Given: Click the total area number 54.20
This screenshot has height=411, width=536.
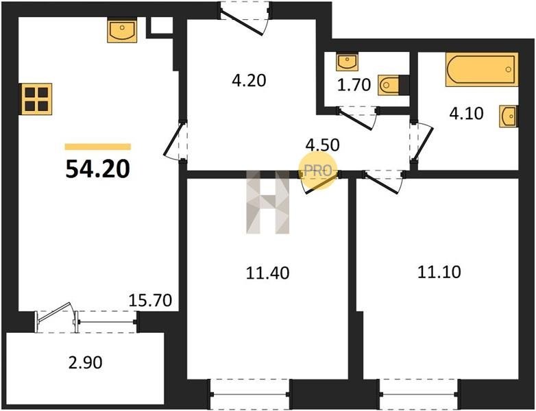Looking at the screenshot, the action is pyautogui.click(x=98, y=169).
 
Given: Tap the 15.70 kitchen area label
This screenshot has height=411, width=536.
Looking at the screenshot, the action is pyautogui.click(x=150, y=300).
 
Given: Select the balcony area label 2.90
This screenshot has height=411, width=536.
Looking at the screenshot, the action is pyautogui.click(x=85, y=362).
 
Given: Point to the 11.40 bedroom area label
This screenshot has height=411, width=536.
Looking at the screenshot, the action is pyautogui.click(x=268, y=273).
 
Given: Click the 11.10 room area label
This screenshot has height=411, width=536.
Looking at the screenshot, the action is pyautogui.click(x=439, y=272).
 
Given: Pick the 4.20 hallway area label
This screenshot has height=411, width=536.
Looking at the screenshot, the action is pyautogui.click(x=249, y=81).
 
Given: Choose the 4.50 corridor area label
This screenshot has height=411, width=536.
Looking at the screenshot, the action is pyautogui.click(x=323, y=145).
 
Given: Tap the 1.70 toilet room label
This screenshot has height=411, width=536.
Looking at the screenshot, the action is pyautogui.click(x=354, y=85).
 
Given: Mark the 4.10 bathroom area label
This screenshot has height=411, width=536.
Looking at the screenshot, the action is pyautogui.click(x=466, y=114).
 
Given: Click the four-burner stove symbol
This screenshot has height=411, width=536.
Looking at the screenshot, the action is pyautogui.click(x=36, y=99).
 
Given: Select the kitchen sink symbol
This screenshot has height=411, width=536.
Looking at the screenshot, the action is pyautogui.click(x=122, y=31).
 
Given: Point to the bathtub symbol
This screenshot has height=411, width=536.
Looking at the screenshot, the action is pyautogui.click(x=482, y=69).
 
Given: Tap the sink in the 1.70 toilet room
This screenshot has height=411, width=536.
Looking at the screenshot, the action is pyautogui.click(x=347, y=62).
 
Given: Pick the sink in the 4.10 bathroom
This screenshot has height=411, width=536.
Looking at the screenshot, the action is pyautogui.click(x=509, y=116).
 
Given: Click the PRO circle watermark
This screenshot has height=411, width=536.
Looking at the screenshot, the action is pyautogui.click(x=318, y=170).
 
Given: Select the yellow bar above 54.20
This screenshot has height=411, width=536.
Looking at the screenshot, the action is pyautogui.click(x=98, y=147).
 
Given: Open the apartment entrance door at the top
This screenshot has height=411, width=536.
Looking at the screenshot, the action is pyautogui.click(x=245, y=18).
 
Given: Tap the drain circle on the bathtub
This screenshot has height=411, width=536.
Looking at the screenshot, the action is pyautogui.click(x=509, y=69).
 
